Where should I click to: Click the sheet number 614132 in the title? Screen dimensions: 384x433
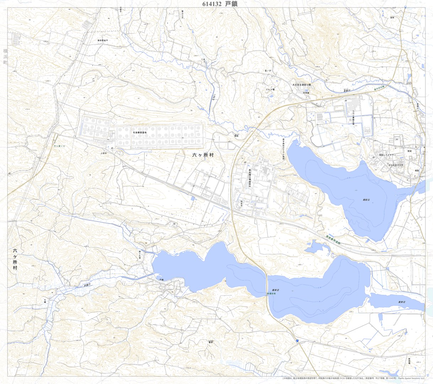212,4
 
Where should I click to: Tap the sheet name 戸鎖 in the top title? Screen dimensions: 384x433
231,4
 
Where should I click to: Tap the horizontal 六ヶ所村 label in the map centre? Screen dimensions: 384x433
202,155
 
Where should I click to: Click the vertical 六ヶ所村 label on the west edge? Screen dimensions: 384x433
15,259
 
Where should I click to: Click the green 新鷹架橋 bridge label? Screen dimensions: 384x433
271,294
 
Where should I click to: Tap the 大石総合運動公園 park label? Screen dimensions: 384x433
301,85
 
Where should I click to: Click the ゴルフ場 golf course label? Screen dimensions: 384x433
270,90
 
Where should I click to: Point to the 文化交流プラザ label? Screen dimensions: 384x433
396,165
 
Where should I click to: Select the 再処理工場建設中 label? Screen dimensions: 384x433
250,177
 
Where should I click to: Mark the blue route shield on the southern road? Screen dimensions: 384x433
295,341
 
